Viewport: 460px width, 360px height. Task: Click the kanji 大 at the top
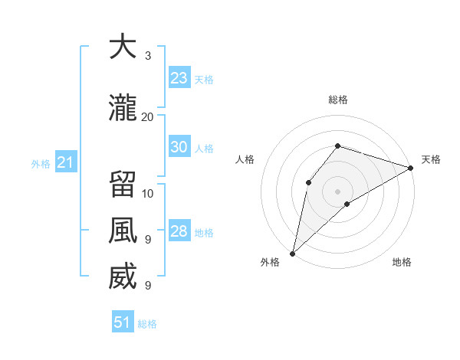122,47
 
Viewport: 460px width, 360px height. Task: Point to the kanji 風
122,231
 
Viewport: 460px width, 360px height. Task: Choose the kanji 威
122,277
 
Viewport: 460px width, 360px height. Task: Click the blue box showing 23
179,78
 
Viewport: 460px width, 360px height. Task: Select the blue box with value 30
179,148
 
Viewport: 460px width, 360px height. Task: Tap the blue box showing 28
179,232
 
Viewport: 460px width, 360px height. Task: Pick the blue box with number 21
65,162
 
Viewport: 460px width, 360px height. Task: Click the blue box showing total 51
123,322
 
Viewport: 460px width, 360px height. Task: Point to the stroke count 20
148,116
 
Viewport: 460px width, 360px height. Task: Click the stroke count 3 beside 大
148,56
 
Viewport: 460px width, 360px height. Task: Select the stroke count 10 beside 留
148,193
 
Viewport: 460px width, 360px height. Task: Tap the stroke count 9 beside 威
148,286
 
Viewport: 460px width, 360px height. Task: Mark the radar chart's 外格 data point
292,253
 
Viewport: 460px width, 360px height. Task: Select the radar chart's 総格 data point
337,146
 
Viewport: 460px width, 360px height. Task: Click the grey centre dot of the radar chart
337,191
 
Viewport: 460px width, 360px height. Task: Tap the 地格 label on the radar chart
402,263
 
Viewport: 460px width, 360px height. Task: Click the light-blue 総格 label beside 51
147,324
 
